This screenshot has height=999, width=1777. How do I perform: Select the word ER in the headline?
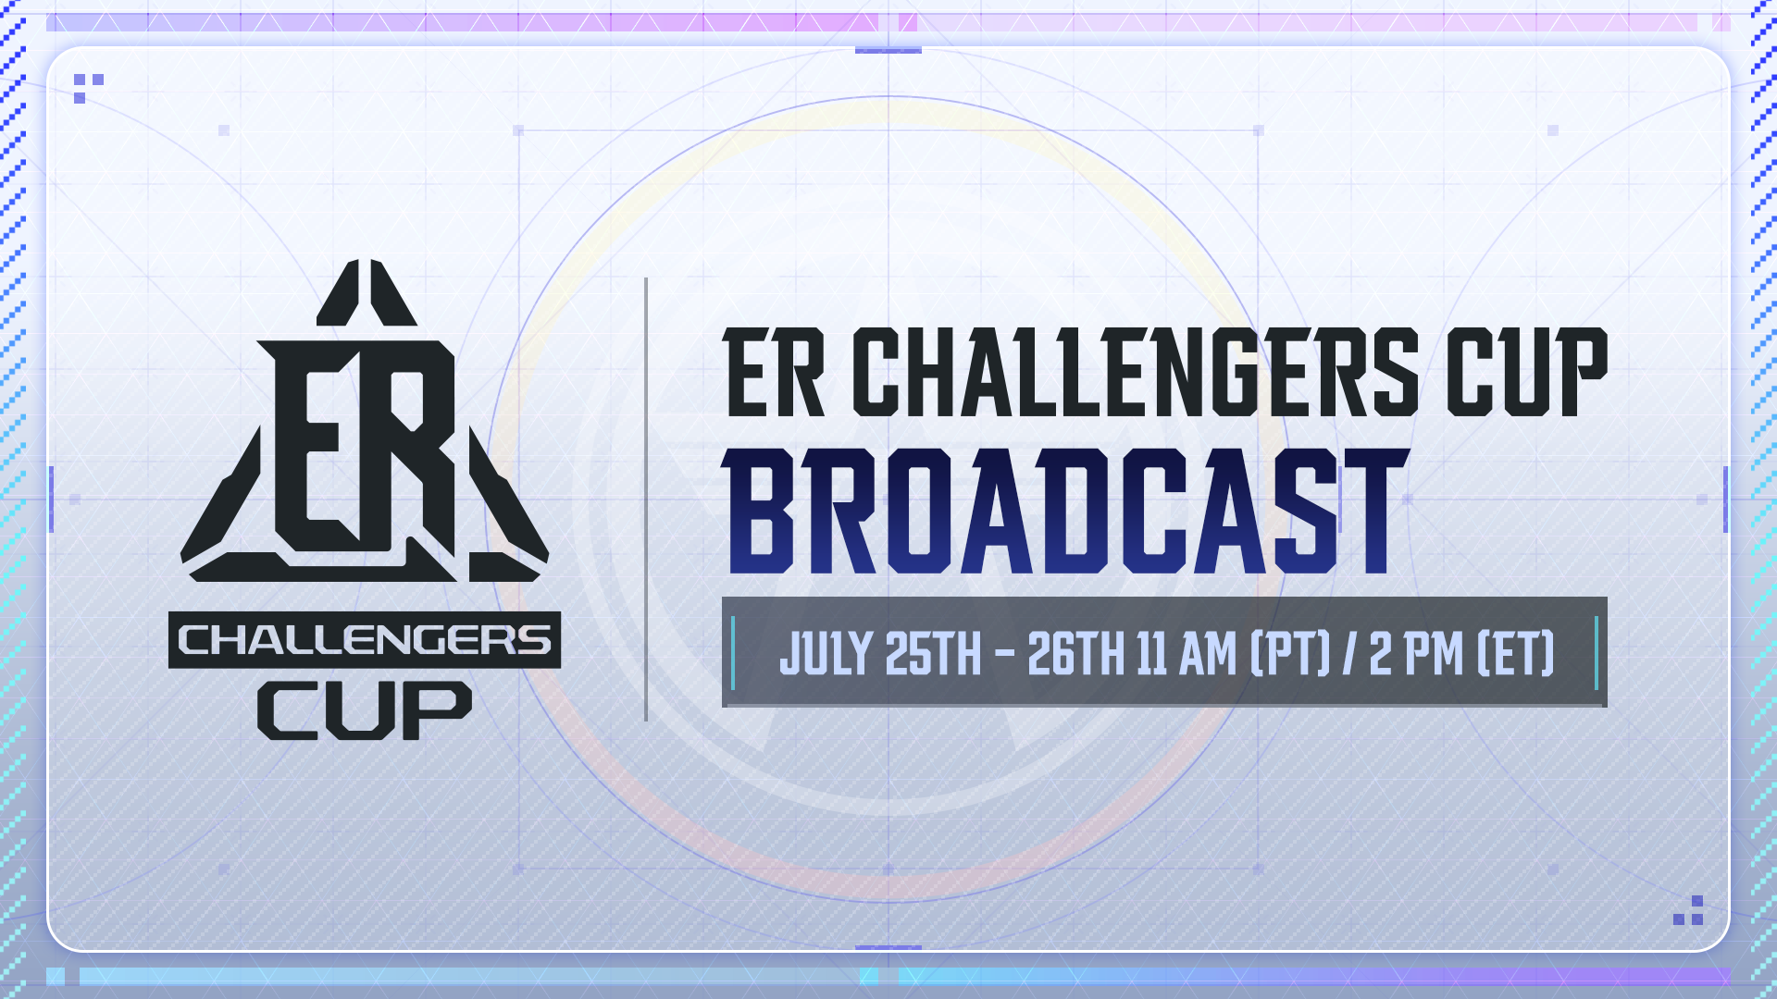[x=774, y=373]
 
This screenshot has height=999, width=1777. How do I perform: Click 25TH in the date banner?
[x=933, y=654]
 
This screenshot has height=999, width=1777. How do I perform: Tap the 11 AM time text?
[x=1187, y=654]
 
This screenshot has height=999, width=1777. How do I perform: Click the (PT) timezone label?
[x=1290, y=654]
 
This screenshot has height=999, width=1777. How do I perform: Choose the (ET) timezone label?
[x=1516, y=654]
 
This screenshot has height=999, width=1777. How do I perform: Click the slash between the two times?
[x=1349, y=654]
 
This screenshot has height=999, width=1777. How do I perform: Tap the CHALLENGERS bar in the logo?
[x=365, y=640]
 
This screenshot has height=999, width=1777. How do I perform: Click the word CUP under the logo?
[x=365, y=711]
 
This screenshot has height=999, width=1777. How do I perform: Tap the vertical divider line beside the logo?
[x=646, y=499]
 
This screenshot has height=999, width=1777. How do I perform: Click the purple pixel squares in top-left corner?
[x=88, y=88]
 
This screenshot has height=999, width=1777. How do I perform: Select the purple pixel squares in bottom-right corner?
[x=1689, y=910]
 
